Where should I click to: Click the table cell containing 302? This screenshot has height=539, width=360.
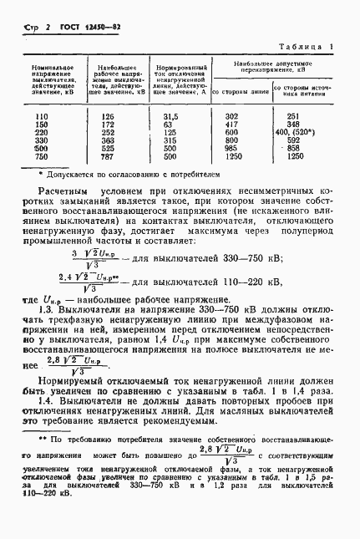[x=233, y=116]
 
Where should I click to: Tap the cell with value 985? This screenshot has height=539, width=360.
[x=233, y=148]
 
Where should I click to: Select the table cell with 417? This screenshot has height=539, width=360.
[x=233, y=125]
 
